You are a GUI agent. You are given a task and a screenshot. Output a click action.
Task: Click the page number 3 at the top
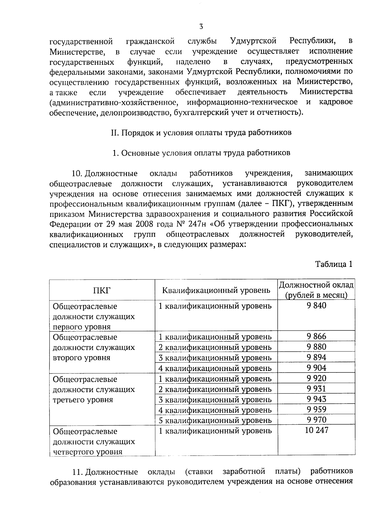[x=201, y=27]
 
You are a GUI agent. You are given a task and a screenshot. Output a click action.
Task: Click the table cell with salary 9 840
[x=316, y=305]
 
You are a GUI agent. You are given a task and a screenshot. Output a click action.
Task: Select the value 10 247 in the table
[x=316, y=430]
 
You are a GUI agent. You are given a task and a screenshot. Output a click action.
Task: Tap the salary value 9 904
[x=316, y=368]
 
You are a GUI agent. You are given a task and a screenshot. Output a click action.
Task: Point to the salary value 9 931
[x=316, y=389]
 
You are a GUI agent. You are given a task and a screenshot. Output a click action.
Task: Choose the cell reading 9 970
[x=316, y=420]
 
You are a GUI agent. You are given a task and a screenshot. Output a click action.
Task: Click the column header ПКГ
[x=102, y=290]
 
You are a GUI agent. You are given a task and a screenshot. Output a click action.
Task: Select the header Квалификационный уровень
[x=216, y=290]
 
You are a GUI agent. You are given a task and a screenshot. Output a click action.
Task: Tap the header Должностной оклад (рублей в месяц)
[x=316, y=290]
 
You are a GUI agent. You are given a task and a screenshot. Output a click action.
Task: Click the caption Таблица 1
[x=334, y=264]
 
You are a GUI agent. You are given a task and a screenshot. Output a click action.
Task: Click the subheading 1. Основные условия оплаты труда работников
[x=201, y=153]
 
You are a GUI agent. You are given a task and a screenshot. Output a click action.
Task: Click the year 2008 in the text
[x=144, y=224]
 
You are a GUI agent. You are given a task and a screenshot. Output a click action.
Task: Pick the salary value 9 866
[x=316, y=337]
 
